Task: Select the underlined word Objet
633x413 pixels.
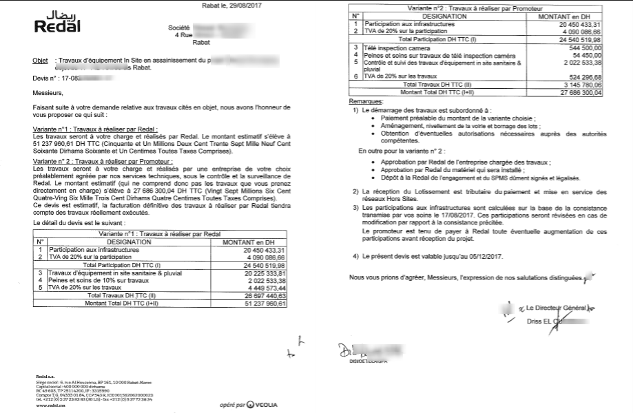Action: (x=40, y=61)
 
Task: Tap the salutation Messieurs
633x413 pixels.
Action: (x=46, y=91)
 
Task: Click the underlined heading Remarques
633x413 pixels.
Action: (x=366, y=100)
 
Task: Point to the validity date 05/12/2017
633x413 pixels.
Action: (x=504, y=256)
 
